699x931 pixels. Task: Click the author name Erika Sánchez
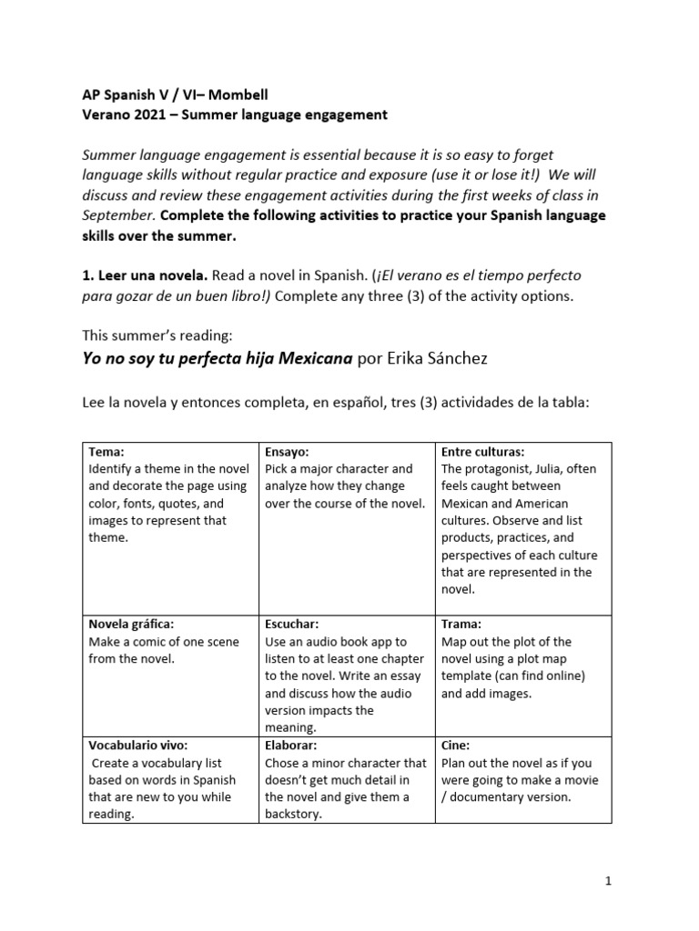pyautogui.click(x=436, y=358)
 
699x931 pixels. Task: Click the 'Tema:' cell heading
pyautogui.click(x=106, y=451)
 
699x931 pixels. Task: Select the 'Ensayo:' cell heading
pyautogui.click(x=287, y=451)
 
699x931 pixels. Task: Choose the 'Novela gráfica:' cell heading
pyautogui.click(x=131, y=624)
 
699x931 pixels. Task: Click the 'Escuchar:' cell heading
pyautogui.click(x=291, y=624)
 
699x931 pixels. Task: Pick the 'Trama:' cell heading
pyautogui.click(x=461, y=624)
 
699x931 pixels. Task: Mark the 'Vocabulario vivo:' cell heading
pyautogui.click(x=138, y=745)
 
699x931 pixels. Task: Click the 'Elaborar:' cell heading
pyautogui.click(x=290, y=745)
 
